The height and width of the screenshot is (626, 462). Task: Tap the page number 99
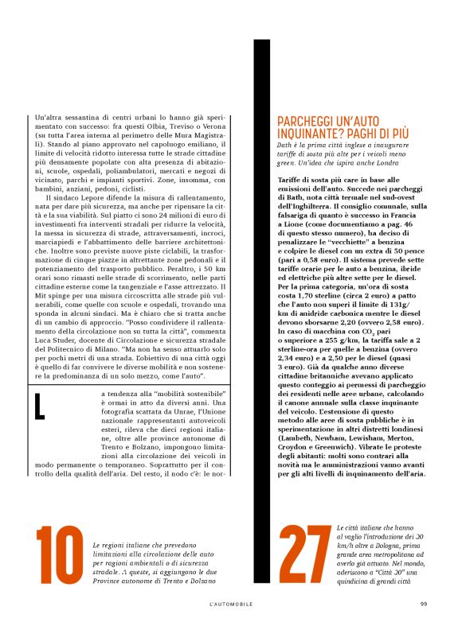[424, 604]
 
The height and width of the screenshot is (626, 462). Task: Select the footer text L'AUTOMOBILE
[230, 604]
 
